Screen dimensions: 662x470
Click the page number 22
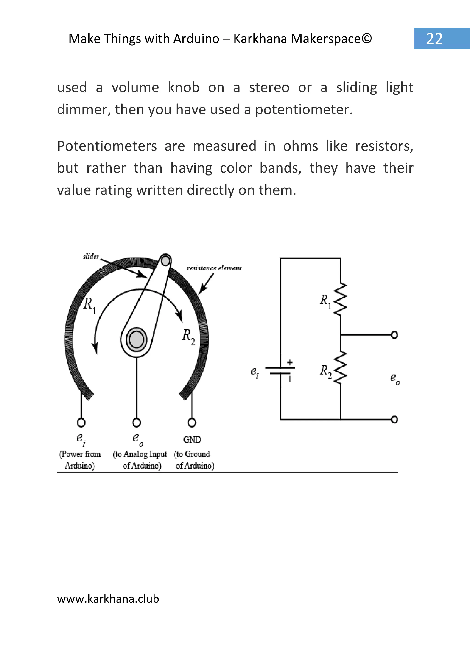tap(434, 39)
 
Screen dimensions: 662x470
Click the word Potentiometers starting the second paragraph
tap(107, 146)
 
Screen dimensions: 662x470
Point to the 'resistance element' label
tap(214, 268)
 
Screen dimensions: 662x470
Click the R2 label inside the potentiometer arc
tap(188, 337)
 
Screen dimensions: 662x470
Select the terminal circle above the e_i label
tap(81, 423)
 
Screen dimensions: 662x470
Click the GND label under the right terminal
tap(192, 439)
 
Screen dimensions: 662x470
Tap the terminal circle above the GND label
tap(192, 423)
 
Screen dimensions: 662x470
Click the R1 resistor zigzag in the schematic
tap(341, 299)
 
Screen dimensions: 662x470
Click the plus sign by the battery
tap(290, 362)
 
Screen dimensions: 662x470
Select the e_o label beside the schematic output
tap(394, 378)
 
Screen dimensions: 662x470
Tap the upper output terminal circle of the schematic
tap(394, 335)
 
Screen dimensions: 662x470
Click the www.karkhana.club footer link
tap(108, 599)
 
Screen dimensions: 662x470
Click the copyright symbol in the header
tap(367, 39)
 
